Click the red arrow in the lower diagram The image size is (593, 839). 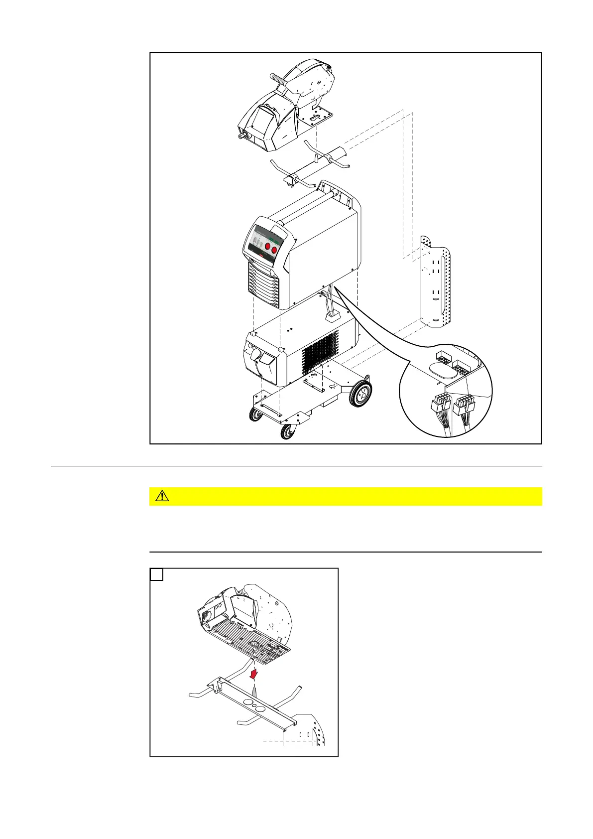pyautogui.click(x=255, y=674)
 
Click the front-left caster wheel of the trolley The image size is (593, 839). pyautogui.click(x=256, y=414)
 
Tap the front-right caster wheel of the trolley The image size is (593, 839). pyautogui.click(x=287, y=431)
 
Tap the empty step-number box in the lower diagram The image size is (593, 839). pyautogui.click(x=156, y=575)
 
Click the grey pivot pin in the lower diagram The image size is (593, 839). pyautogui.click(x=254, y=692)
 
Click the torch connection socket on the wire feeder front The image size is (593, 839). pyautogui.click(x=243, y=134)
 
